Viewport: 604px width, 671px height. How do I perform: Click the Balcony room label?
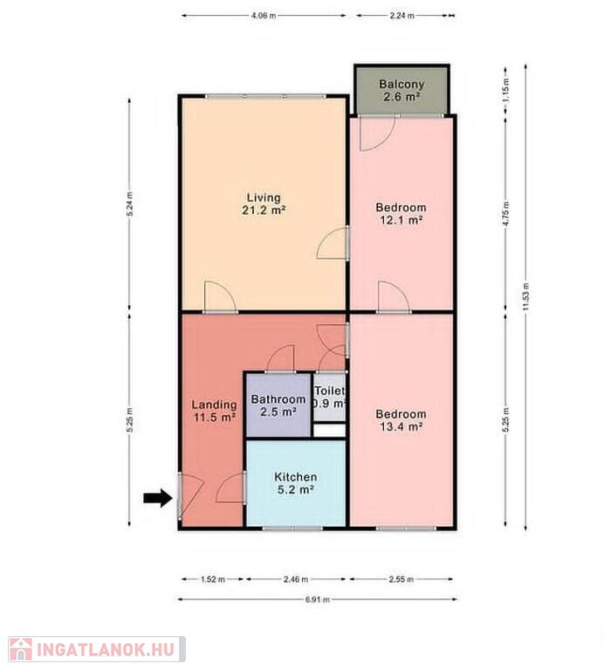point(402,90)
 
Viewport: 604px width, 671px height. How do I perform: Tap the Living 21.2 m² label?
point(264,204)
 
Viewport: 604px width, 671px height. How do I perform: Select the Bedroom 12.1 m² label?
point(401,213)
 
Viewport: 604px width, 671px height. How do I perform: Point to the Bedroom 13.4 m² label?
point(401,420)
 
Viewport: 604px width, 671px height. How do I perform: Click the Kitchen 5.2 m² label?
point(296,483)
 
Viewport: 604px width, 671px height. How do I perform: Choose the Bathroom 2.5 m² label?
point(278,405)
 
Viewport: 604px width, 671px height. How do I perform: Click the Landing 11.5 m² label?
point(214,411)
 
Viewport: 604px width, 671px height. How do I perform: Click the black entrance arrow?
point(158,498)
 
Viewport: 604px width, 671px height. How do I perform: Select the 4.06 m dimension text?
point(264,16)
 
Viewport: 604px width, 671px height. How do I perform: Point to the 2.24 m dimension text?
point(402,16)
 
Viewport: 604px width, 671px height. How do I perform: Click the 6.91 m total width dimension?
point(317,599)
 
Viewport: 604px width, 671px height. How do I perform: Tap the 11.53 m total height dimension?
point(525,296)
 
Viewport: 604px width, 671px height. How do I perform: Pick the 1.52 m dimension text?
point(212,579)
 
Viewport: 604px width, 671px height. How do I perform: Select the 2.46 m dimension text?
point(295,579)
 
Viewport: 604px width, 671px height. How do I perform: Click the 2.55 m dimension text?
point(401,579)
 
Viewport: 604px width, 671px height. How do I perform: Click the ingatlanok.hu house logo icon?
point(21,650)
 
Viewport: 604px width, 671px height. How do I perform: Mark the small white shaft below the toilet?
point(329,431)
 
